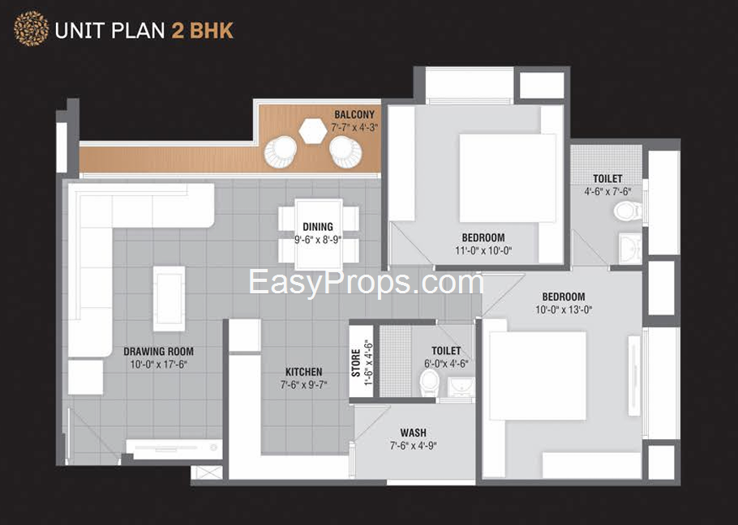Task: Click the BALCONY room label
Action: (354, 114)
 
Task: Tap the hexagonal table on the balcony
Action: (312, 130)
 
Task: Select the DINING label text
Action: (318, 227)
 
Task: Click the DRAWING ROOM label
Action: (158, 352)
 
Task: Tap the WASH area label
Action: (413, 433)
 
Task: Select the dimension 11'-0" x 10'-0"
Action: (483, 250)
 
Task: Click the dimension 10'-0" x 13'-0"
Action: (564, 309)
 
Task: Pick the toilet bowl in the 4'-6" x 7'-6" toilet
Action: (625, 211)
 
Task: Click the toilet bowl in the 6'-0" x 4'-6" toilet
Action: (429, 381)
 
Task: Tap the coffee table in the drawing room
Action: (169, 297)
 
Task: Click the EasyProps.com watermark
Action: (366, 283)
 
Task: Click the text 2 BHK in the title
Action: (203, 31)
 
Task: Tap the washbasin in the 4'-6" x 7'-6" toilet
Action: (629, 246)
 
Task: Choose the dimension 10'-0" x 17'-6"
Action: (158, 365)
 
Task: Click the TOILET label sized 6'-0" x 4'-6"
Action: (446, 350)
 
